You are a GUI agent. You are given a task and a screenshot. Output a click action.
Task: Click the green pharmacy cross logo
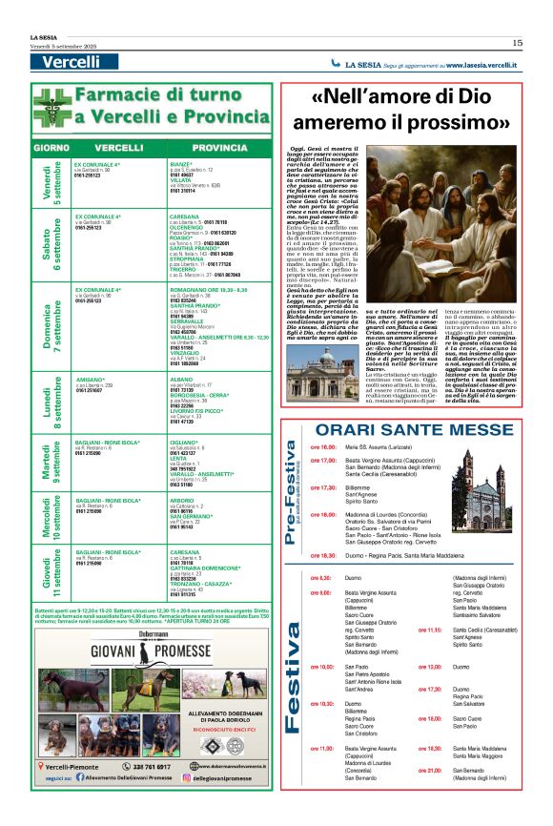pos(51,106)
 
